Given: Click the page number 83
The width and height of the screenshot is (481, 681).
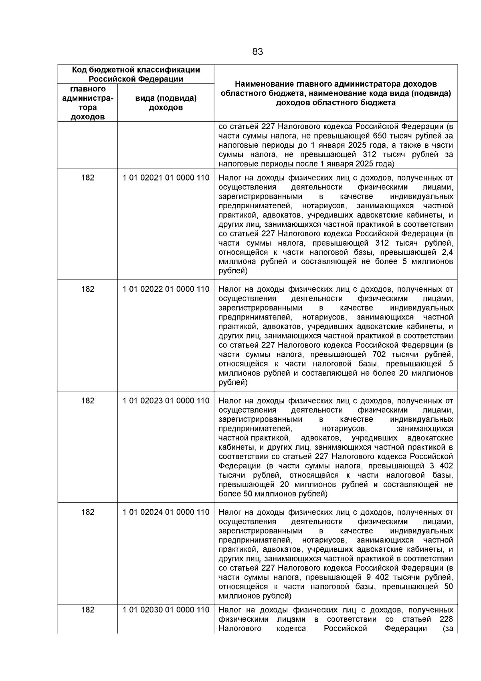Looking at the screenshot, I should pyautogui.click(x=258, y=52).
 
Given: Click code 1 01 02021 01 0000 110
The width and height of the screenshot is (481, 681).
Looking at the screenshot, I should pyautogui.click(x=166, y=178).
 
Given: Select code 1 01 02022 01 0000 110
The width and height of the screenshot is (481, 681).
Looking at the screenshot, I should pyautogui.click(x=166, y=289).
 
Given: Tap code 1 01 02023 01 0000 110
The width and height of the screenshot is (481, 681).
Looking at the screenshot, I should pyautogui.click(x=166, y=401).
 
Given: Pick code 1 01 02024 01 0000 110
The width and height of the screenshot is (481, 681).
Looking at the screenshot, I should pyautogui.click(x=166, y=512).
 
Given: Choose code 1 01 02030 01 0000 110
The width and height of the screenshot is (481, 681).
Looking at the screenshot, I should pyautogui.click(x=166, y=610).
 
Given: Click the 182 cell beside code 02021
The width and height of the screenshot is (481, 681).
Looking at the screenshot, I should pyautogui.click(x=88, y=178).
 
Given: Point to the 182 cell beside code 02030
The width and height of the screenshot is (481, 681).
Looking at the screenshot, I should pyautogui.click(x=88, y=610).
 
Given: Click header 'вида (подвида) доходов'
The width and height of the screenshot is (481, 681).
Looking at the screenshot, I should pyautogui.click(x=166, y=103).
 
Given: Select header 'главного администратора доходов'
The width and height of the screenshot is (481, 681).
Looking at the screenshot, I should pyautogui.click(x=88, y=103).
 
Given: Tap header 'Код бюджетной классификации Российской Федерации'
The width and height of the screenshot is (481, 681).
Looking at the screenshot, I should pyautogui.click(x=136, y=74).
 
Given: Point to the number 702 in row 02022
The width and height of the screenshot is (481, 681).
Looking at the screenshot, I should pyautogui.click(x=378, y=355).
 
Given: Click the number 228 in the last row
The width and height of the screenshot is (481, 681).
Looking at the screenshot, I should pyautogui.click(x=446, y=619).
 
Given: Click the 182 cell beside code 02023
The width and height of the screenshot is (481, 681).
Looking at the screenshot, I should pyautogui.click(x=88, y=401).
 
